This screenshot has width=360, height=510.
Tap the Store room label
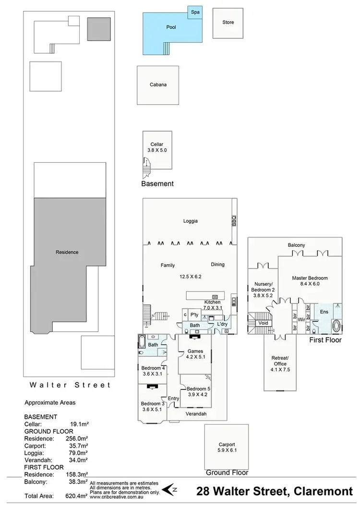(x=228, y=23)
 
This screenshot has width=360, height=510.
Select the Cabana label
(x=158, y=85)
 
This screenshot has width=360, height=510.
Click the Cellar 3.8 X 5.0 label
(x=157, y=147)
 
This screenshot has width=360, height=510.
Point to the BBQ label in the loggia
(x=234, y=220)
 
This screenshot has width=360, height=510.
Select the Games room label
(x=195, y=353)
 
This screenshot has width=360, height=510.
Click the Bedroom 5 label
(x=198, y=391)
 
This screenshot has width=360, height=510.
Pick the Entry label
(x=173, y=398)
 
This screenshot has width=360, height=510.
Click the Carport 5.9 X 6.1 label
(x=227, y=447)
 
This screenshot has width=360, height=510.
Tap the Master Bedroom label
(x=310, y=280)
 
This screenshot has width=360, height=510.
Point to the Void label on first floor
(x=263, y=323)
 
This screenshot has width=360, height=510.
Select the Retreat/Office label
(x=280, y=361)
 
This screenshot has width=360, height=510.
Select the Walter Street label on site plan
(x=70, y=385)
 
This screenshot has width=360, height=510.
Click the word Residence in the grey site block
(x=67, y=252)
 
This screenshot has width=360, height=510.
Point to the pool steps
(x=167, y=49)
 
